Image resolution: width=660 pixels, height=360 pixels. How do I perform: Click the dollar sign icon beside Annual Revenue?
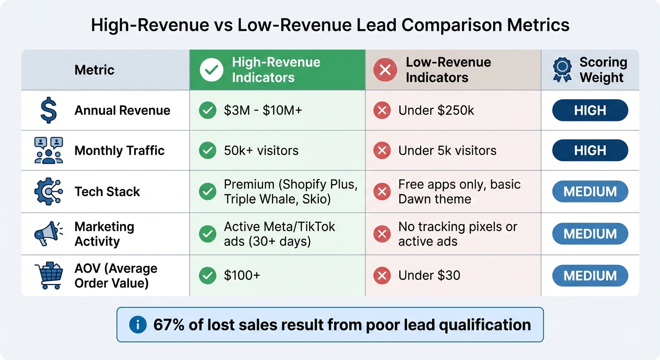49,111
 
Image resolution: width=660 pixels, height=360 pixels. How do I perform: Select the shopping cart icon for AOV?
49,276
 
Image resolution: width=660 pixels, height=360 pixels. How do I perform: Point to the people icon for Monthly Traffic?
49,150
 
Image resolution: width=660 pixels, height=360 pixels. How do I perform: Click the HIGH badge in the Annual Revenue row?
590,111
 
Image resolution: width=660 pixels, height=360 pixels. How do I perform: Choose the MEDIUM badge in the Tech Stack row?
590,192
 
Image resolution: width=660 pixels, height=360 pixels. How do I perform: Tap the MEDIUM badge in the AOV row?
590,276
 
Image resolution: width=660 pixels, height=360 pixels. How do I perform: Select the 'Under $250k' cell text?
436,111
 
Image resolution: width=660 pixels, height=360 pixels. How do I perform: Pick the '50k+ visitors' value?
261,150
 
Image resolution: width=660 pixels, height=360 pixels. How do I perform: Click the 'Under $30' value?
429,276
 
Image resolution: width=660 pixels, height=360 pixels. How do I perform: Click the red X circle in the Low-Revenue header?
384,70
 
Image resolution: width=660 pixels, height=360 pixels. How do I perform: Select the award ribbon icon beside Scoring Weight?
562,70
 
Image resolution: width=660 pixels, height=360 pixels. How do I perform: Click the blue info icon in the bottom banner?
138,325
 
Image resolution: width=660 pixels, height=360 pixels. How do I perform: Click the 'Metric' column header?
94,70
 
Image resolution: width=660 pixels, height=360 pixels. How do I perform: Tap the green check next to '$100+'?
207,276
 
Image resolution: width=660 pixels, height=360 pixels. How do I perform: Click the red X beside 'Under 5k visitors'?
382,150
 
